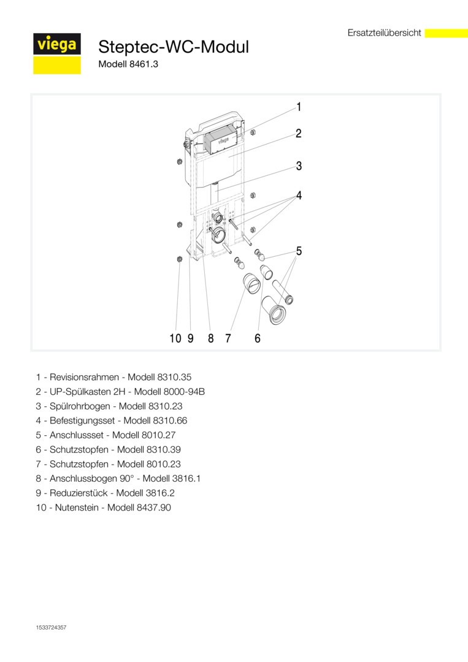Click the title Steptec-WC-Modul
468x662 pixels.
click(x=174, y=47)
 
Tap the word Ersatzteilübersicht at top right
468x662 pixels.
click(x=384, y=33)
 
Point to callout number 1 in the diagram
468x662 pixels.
click(x=299, y=107)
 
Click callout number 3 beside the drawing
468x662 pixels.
click(x=299, y=165)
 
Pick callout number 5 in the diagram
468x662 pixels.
click(x=299, y=251)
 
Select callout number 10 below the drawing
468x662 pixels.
click(x=175, y=338)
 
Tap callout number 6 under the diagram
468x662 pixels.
click(x=258, y=338)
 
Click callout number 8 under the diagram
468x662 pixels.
click(x=210, y=338)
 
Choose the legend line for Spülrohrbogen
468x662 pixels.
click(x=109, y=406)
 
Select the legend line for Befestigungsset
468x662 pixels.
click(x=112, y=420)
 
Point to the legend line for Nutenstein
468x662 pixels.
click(x=103, y=508)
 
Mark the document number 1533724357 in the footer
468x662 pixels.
click(x=51, y=627)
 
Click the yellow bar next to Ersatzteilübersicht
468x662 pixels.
click(x=446, y=33)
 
